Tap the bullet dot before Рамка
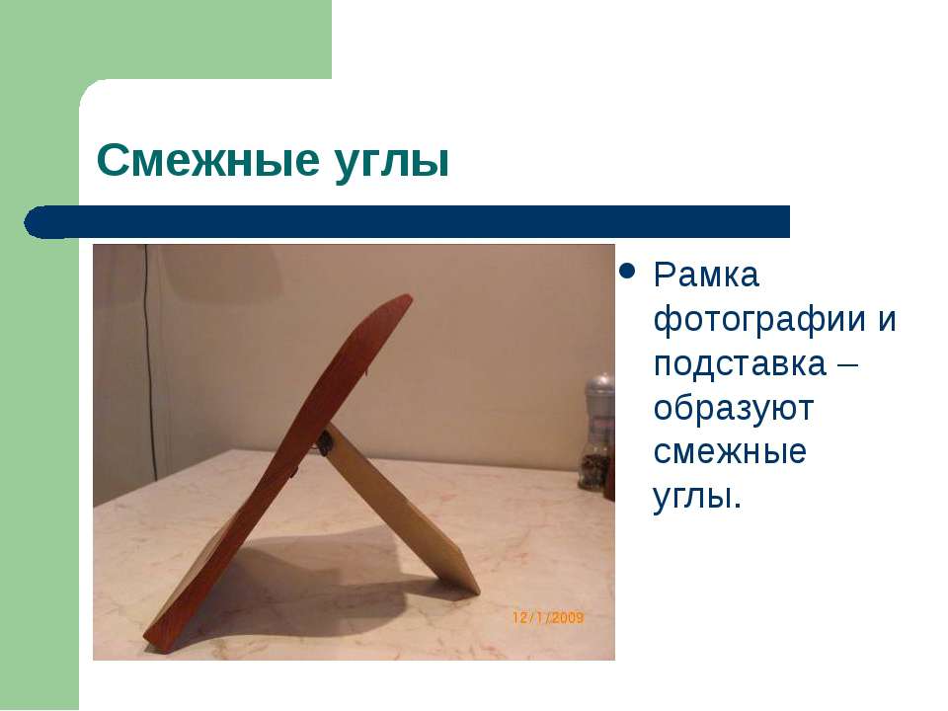(x=627, y=271)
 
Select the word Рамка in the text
(x=705, y=276)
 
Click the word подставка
(x=740, y=363)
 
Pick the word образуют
(x=734, y=408)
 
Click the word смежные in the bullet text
(x=730, y=452)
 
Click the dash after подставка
(x=847, y=365)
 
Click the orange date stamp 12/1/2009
(x=548, y=618)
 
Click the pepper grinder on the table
(x=596, y=433)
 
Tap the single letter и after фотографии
(x=887, y=320)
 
